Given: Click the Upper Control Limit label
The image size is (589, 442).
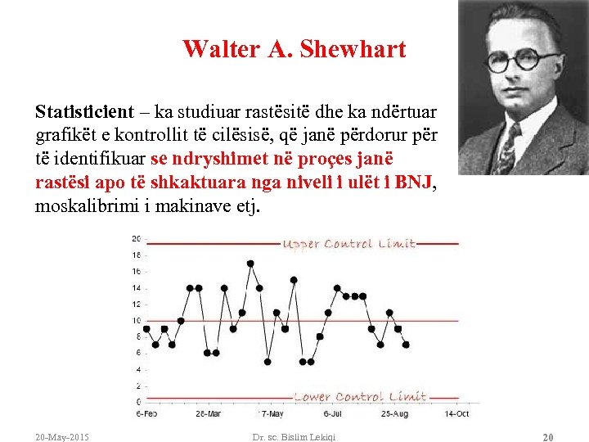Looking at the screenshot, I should [x=349, y=244].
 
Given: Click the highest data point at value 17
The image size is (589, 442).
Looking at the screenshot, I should [x=250, y=264].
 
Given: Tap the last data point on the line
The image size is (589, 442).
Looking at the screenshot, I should [x=406, y=345].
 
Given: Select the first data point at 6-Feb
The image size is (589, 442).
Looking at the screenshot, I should [x=146, y=328].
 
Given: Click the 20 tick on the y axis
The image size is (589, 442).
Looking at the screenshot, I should [x=136, y=238].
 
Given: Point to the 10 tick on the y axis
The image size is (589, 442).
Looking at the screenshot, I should [x=136, y=320].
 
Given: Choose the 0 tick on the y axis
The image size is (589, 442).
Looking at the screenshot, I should [x=137, y=401].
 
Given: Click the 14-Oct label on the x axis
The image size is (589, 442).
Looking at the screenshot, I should [x=456, y=413].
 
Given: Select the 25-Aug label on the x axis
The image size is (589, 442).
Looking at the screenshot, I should [x=395, y=413].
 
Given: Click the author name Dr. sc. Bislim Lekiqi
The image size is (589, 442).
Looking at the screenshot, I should [x=294, y=437].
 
